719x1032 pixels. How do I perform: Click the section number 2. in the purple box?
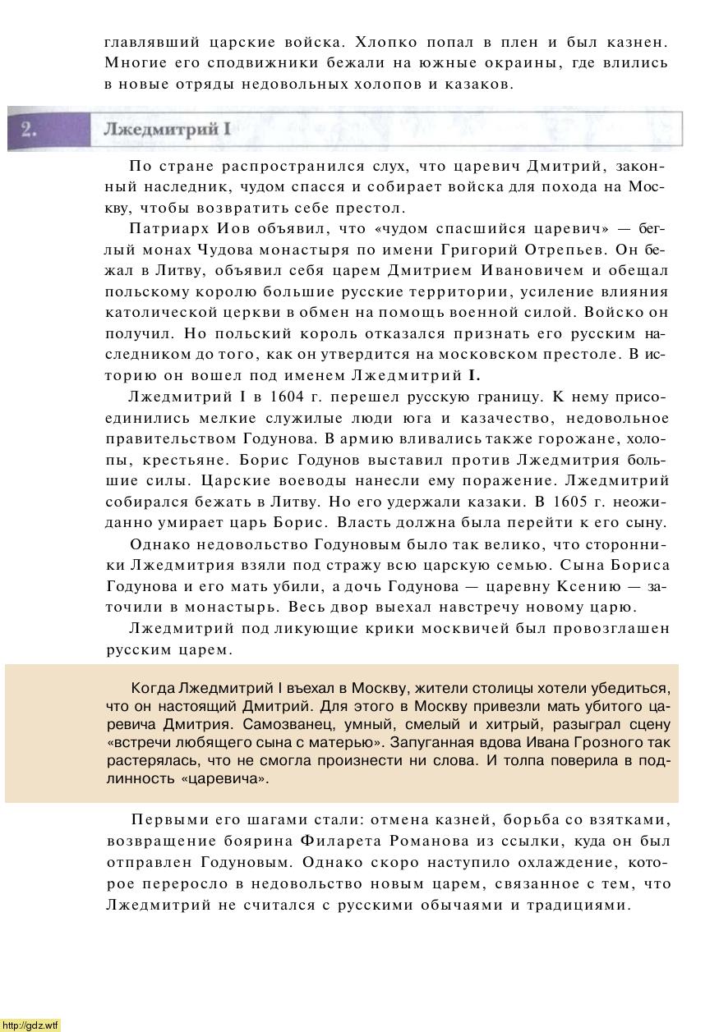click(x=29, y=130)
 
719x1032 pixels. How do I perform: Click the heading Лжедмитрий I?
click(x=168, y=130)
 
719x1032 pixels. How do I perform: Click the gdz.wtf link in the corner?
click(x=30, y=1025)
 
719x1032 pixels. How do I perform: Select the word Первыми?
click(x=169, y=820)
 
